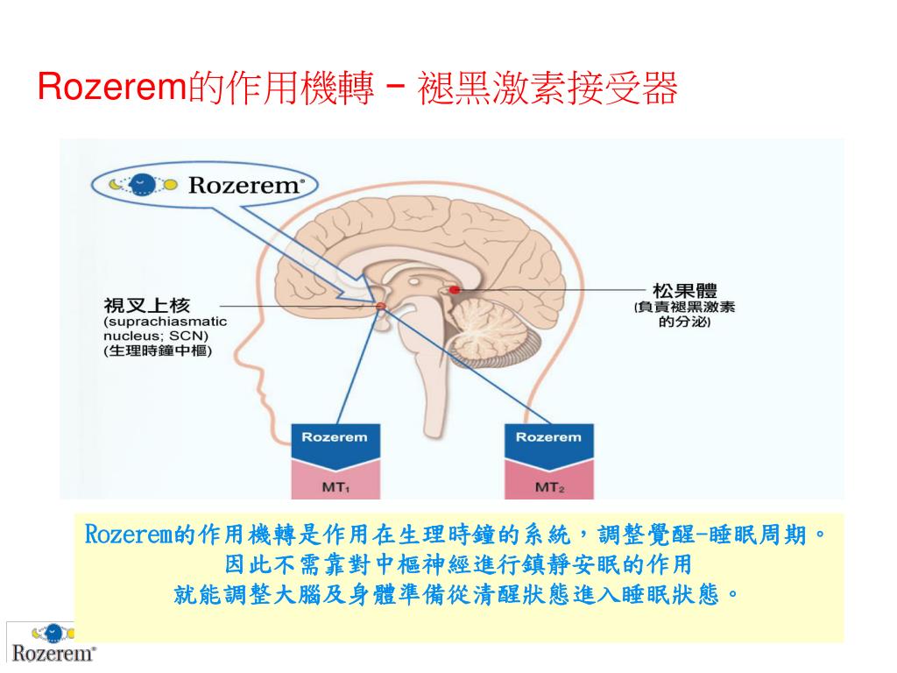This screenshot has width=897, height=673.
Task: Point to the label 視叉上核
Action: point(146,305)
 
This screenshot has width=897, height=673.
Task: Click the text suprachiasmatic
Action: point(165,321)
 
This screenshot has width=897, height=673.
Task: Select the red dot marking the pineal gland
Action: point(454,288)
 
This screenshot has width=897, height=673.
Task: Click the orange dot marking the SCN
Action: point(381,306)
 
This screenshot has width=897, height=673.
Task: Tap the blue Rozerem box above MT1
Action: point(335,439)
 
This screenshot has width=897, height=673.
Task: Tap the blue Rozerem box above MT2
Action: point(547,439)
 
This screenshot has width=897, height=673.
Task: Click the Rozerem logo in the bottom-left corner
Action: point(53,643)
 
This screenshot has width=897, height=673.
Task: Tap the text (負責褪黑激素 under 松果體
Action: point(684,307)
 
